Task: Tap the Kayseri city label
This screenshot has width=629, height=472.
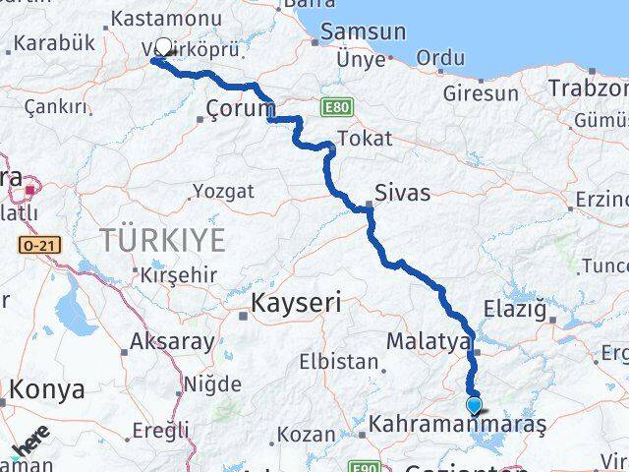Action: tap(296, 304)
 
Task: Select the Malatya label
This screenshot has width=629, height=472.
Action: tap(428, 341)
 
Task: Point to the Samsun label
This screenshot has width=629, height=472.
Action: tap(349, 32)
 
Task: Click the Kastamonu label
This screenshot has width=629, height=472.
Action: tap(164, 18)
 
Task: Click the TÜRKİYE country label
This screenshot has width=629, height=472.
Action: tap(162, 239)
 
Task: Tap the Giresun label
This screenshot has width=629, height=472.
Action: tap(481, 93)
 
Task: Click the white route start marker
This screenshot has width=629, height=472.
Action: tap(164, 46)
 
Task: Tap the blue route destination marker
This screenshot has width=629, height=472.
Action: tap(474, 404)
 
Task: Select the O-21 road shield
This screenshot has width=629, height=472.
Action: tap(33, 243)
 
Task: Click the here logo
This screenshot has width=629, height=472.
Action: tap(30, 442)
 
